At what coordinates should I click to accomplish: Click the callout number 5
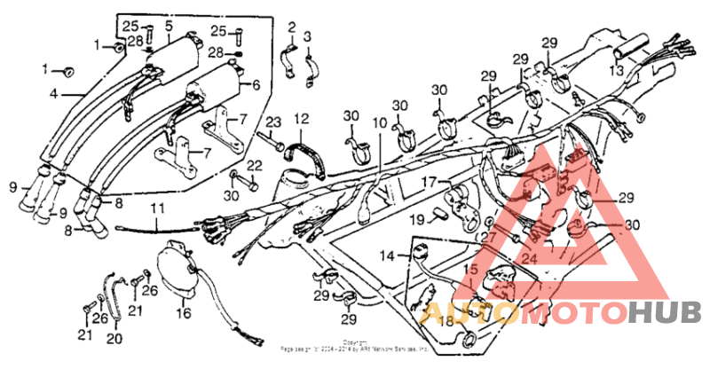(169, 24)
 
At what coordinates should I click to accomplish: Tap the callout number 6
(256, 86)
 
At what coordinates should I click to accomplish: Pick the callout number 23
(273, 122)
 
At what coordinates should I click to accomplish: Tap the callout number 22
(255, 165)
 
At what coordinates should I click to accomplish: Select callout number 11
(158, 210)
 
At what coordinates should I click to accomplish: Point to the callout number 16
(183, 312)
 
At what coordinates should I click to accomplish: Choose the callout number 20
(113, 337)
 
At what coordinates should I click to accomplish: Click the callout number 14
(387, 256)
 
